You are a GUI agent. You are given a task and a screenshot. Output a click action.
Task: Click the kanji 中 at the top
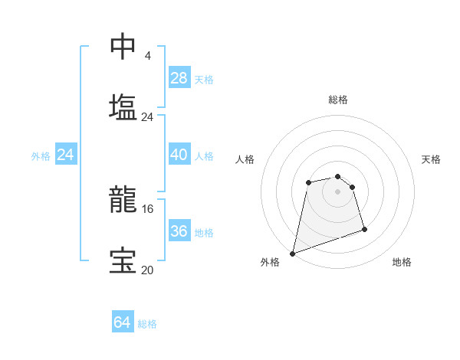coord(123,47)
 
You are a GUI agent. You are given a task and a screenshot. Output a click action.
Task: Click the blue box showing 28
coord(179,78)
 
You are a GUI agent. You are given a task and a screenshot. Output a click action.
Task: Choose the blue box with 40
coord(179,155)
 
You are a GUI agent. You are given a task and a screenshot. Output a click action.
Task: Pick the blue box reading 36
coord(179,231)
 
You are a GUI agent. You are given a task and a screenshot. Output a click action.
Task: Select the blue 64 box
coord(123,323)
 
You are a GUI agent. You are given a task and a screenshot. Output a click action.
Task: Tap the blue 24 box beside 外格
coord(66,155)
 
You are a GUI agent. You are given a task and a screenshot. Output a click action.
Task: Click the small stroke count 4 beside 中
coord(147,56)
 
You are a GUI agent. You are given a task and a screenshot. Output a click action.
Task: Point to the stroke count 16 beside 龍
coord(147,208)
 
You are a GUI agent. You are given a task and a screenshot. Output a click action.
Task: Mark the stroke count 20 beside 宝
coord(147,270)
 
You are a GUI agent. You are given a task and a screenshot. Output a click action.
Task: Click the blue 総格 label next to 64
coord(147,324)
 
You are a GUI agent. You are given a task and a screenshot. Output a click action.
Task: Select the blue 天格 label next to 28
coord(204,79)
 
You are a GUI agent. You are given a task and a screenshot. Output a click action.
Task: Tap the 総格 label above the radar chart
coord(338,100)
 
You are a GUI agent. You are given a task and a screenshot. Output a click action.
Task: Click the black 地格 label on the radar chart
coord(402,262)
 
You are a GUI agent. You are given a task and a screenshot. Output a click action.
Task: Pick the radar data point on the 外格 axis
coord(293,253)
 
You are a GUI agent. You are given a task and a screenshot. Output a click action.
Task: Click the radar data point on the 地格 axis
coord(364,229)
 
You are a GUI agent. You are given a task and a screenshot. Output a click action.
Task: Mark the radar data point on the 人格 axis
coord(308,182)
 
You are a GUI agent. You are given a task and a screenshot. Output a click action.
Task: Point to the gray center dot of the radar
coord(338,191)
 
